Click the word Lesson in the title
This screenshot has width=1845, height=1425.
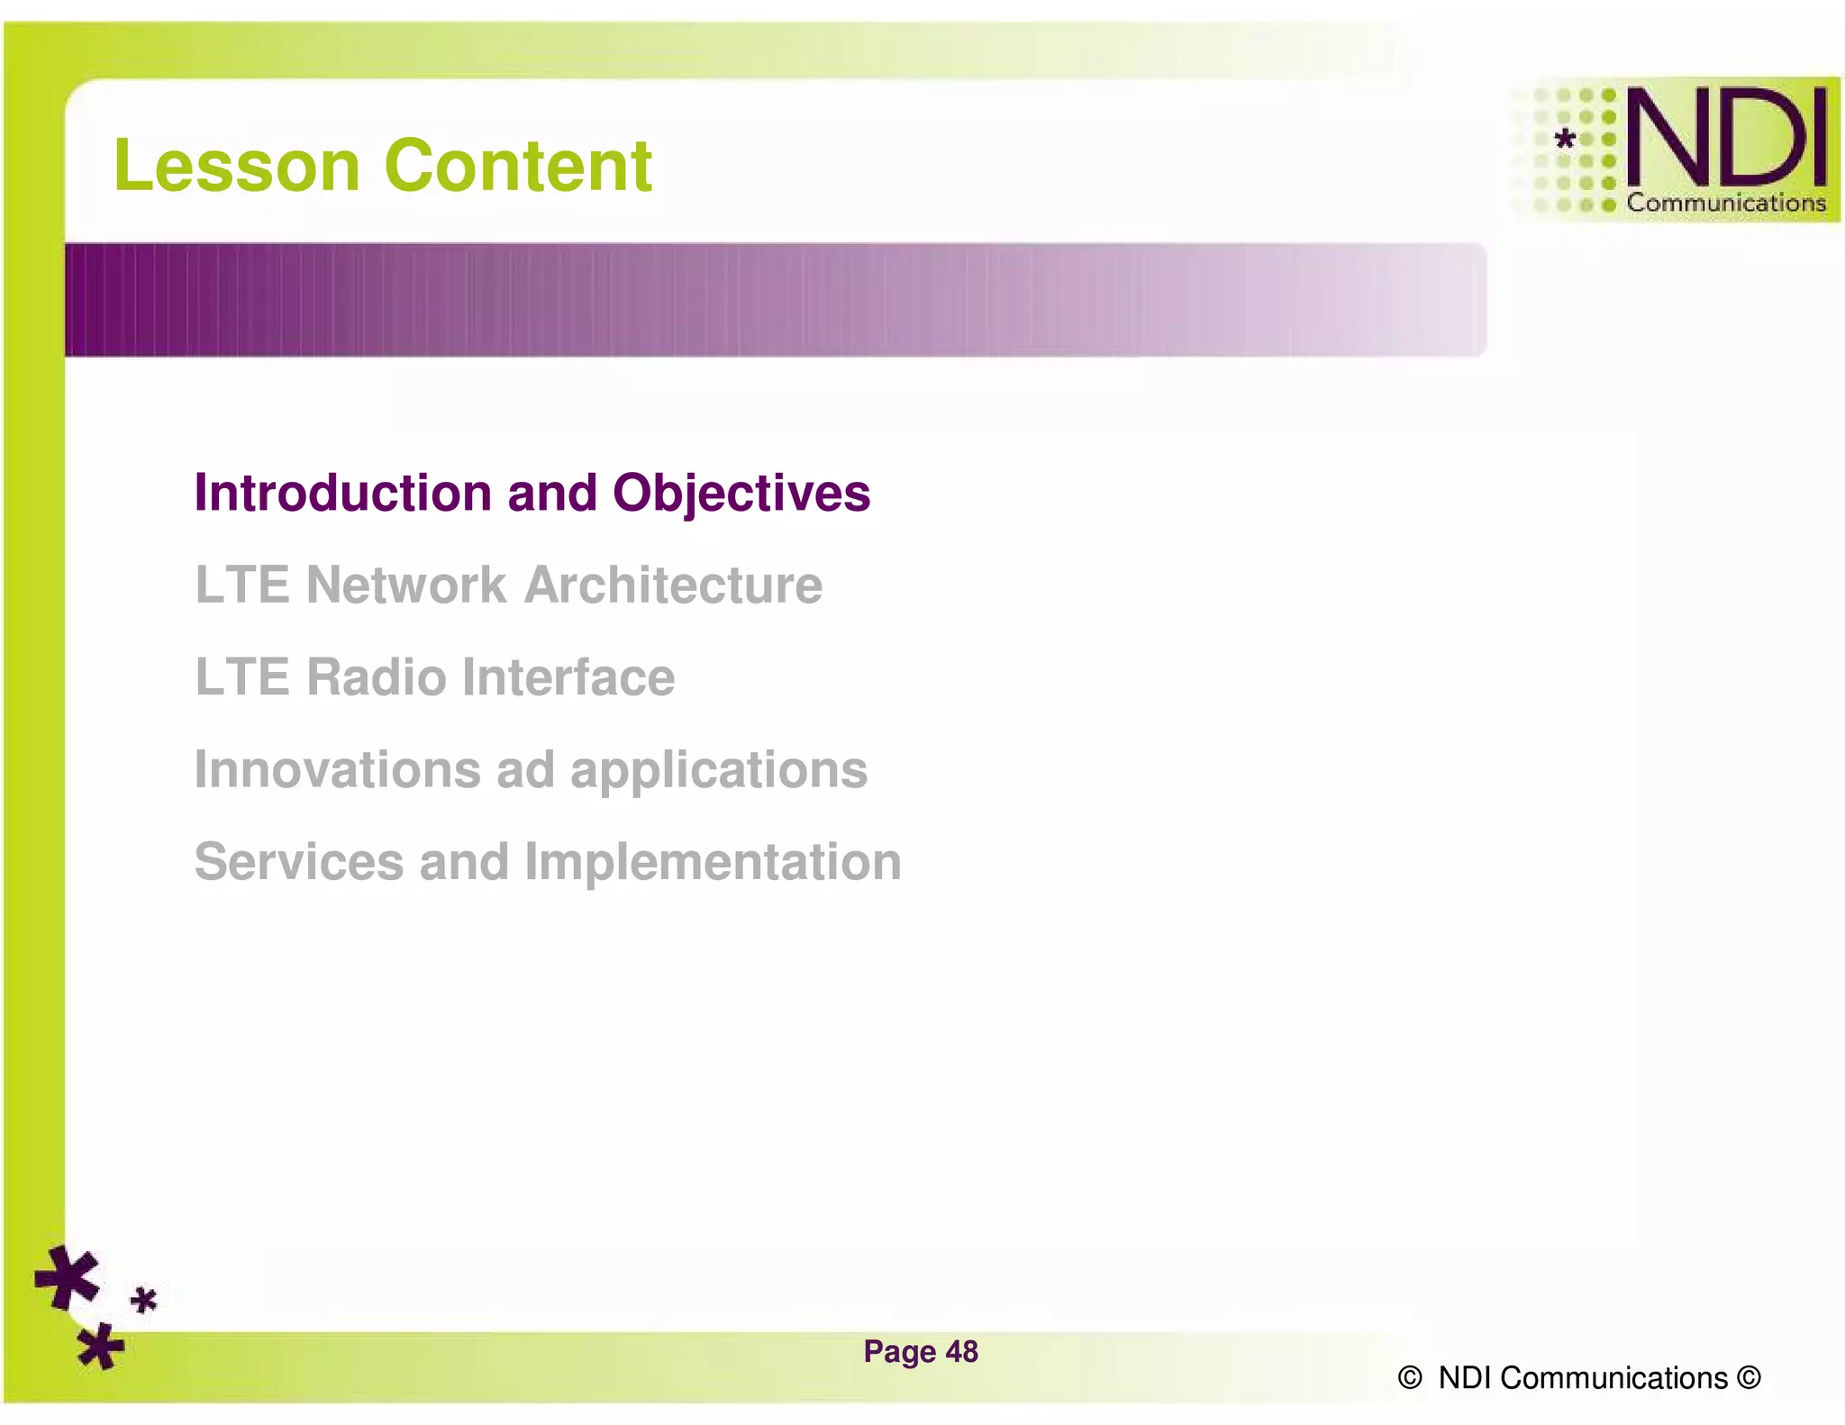237,166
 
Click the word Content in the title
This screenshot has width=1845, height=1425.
517,166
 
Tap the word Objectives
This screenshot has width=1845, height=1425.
741,493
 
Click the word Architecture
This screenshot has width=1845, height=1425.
673,585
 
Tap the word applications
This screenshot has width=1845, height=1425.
718,771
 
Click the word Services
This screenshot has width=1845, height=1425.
298,862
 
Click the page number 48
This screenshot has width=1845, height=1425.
961,1351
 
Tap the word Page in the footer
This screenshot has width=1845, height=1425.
899,1352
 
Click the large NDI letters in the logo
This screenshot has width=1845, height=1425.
1726,137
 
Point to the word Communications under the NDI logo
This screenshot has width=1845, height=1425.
1725,203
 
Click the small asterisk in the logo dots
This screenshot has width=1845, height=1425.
1566,139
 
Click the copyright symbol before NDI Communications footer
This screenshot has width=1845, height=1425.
1410,1378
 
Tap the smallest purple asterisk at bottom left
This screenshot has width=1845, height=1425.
144,1301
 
